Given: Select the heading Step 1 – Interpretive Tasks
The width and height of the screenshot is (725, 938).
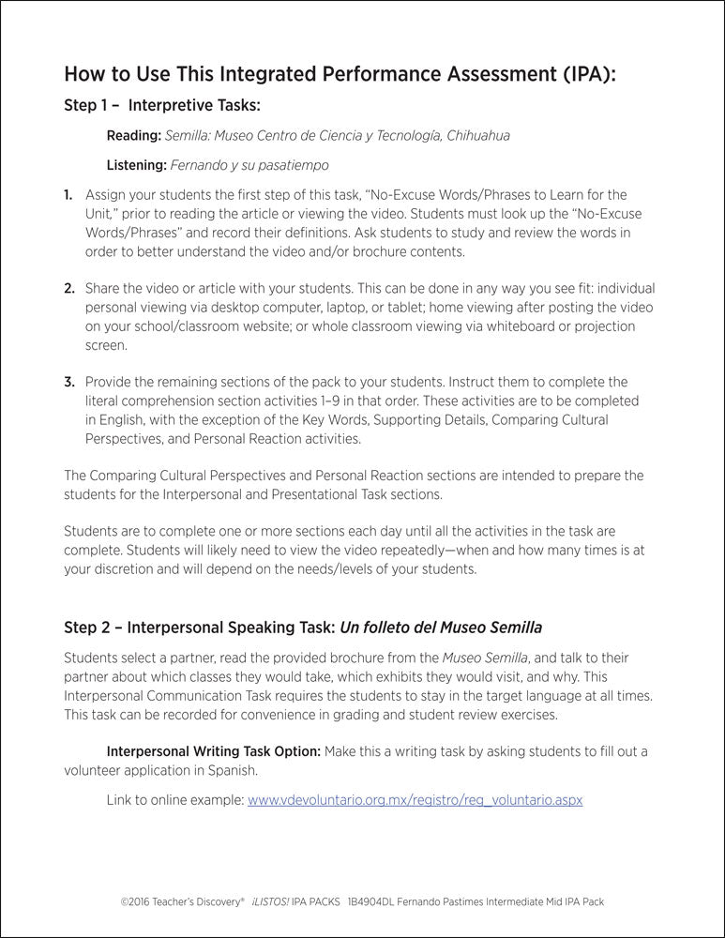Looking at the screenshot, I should (161, 106).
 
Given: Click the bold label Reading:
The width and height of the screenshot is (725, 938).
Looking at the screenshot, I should (134, 136).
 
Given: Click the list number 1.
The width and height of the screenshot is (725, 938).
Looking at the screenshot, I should (68, 195).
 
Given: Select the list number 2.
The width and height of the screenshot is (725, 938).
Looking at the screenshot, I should (68, 289).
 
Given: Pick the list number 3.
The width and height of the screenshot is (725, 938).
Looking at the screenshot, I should (68, 383).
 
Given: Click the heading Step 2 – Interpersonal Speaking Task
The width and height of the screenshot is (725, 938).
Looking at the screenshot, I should (199, 626).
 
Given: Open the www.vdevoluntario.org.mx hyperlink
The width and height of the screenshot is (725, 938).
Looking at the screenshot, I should (415, 800).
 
